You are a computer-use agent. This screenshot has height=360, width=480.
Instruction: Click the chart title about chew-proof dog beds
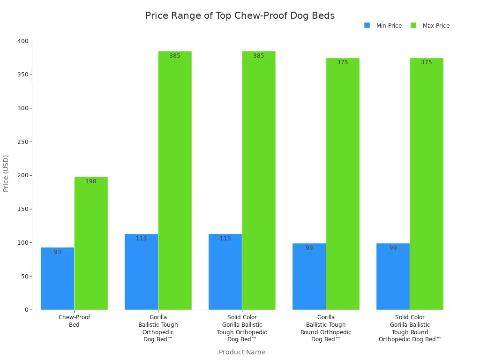pos(240,15)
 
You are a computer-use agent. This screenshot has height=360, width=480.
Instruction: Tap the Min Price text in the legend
pos(389,26)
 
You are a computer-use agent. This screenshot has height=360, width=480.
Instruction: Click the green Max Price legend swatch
pos(413,25)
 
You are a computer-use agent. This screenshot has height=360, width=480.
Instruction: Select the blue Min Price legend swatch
pos(367,25)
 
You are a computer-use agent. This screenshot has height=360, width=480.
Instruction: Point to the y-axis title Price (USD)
pos(6,173)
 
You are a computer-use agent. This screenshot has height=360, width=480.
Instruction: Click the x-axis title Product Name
pos(242,352)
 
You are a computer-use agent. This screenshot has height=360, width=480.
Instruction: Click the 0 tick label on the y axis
pos(26,310)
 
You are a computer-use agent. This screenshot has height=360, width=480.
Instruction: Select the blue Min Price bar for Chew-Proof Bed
pos(57,278)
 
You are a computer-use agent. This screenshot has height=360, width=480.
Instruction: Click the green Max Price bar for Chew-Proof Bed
pos(91,243)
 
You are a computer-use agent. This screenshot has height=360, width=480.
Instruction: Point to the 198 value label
pos(91,181)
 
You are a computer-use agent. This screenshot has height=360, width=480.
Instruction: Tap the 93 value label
pos(57,252)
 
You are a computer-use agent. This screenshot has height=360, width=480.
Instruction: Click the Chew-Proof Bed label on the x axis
pos(74,321)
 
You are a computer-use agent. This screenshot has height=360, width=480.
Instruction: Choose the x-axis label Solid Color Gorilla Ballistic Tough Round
pos(410,328)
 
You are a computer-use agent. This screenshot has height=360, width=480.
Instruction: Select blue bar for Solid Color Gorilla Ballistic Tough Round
pos(393,277)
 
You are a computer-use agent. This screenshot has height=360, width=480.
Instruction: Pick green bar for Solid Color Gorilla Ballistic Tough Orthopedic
pos(259,180)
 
